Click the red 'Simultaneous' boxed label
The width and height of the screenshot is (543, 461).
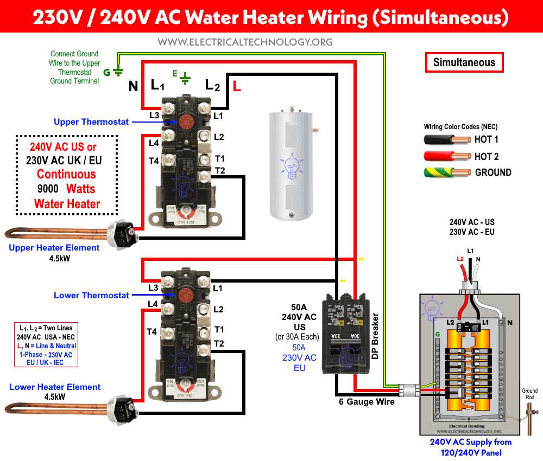(464, 62)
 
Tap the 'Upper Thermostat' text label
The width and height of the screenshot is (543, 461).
(91, 121)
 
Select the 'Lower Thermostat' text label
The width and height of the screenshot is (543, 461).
(91, 295)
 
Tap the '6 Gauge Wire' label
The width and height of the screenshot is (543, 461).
(367, 402)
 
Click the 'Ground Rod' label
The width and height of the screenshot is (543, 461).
(529, 394)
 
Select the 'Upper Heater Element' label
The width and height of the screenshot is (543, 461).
(54, 248)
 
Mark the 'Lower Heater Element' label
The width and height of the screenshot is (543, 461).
(55, 387)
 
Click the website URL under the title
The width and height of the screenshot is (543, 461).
(244, 42)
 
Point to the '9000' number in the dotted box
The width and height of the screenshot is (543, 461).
(45, 189)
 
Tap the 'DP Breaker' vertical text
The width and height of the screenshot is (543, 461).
(375, 336)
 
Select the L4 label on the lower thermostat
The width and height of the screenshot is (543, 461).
(154, 304)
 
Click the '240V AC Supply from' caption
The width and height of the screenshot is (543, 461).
(470, 442)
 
